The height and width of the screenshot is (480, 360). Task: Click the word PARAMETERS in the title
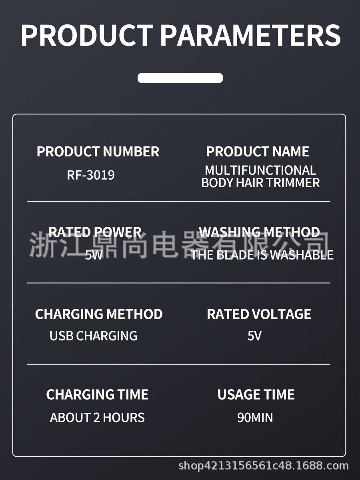coord(250,35)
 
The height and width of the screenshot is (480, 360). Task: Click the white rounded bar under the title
coord(180,78)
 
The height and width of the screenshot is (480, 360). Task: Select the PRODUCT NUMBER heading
coord(98,152)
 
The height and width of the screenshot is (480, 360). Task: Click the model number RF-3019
coord(91,175)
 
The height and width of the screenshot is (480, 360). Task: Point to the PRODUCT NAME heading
coord(258,152)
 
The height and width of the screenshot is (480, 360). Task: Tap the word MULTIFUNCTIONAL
coord(260,170)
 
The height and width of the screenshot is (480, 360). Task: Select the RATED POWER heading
coord(95,232)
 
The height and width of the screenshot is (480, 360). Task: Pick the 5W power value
coord(94,255)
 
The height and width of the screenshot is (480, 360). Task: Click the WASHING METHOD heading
coord(260,232)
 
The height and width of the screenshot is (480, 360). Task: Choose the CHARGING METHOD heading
coord(99,314)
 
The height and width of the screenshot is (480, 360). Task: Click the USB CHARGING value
coord(93,336)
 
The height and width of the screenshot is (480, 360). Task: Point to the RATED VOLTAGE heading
coord(259,314)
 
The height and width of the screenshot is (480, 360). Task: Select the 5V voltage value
coord(254,336)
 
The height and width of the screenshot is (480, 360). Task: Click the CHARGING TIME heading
coord(97,395)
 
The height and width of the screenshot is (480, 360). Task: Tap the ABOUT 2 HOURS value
coord(97,418)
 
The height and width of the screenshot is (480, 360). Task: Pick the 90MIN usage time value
coord(255,418)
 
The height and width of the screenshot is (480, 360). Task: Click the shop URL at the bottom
coord(263,466)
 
